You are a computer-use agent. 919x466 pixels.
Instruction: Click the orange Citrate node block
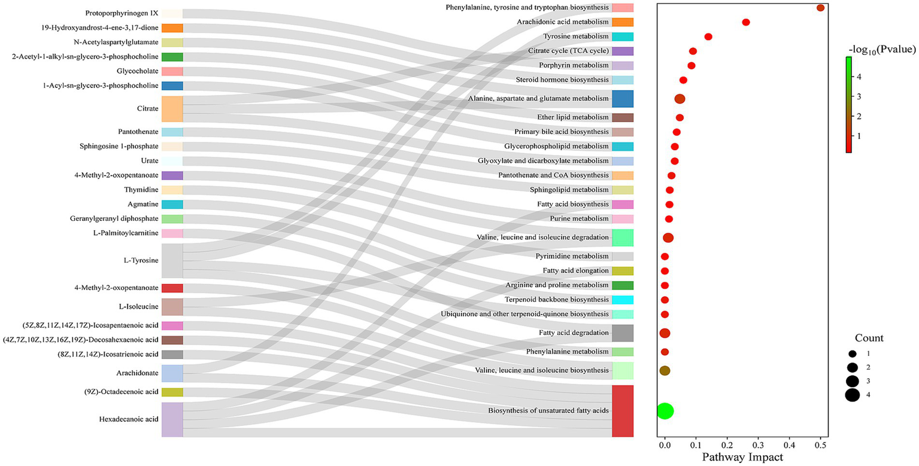pyautogui.click(x=172, y=109)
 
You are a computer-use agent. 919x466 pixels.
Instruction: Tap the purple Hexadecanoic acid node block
pyautogui.click(x=172, y=419)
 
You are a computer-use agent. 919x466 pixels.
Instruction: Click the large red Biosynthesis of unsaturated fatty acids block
pyautogui.click(x=623, y=410)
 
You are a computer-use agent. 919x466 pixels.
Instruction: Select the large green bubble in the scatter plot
pyautogui.click(x=665, y=411)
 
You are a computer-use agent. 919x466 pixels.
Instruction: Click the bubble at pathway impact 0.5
pyautogui.click(x=820, y=8)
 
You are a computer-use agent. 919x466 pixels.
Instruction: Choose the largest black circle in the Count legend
pyautogui.click(x=852, y=395)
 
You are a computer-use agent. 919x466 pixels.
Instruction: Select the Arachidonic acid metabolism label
pyautogui.click(x=563, y=22)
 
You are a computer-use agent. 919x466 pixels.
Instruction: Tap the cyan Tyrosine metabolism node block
pyautogui.click(x=623, y=36)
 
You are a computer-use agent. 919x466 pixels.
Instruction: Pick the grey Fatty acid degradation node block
pyautogui.click(x=623, y=333)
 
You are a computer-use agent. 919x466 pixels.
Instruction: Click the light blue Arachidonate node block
pyautogui.click(x=172, y=373)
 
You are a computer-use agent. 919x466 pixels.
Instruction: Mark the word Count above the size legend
pyautogui.click(x=869, y=338)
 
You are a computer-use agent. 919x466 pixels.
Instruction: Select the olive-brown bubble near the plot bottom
pyautogui.click(x=665, y=370)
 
